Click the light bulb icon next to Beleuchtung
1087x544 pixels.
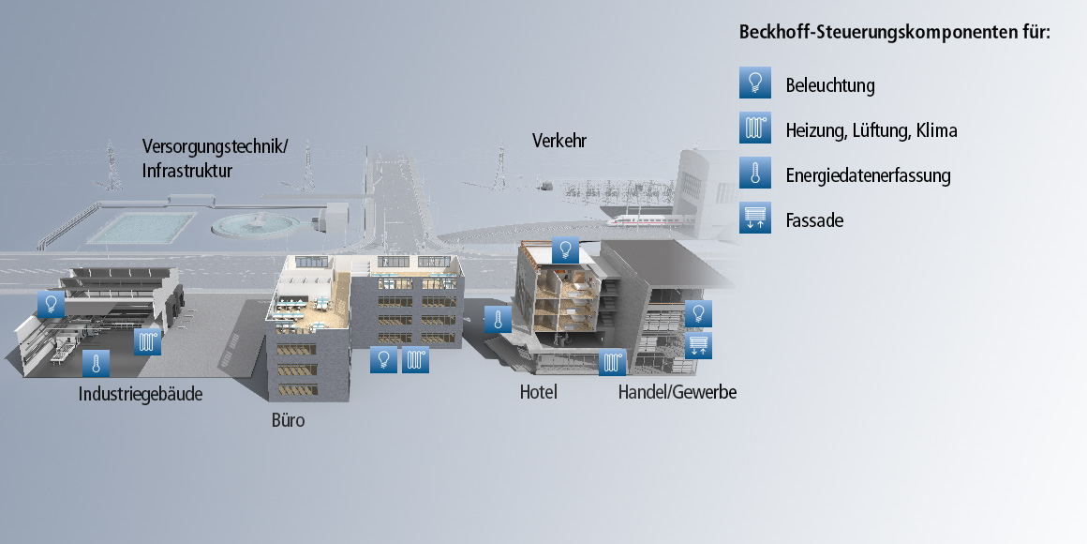754,83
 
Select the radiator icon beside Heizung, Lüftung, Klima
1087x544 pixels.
754,128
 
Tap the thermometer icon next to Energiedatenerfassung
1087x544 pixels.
754,174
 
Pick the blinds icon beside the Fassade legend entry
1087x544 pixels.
754,219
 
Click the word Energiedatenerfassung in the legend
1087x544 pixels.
868,175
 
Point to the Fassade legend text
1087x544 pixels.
814,220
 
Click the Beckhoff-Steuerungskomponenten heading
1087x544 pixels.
895,32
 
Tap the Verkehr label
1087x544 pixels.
558,141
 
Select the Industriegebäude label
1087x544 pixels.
141,394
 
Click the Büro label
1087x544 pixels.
288,421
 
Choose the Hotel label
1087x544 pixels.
539,392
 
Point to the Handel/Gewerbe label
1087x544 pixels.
678,392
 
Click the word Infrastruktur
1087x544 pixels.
187,171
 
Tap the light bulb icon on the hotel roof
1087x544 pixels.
564,249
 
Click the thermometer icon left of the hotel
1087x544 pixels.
498,320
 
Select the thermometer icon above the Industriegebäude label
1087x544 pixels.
96,363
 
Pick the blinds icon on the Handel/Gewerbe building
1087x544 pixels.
699,345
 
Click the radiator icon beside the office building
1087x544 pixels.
415,360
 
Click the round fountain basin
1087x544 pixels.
256,223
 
